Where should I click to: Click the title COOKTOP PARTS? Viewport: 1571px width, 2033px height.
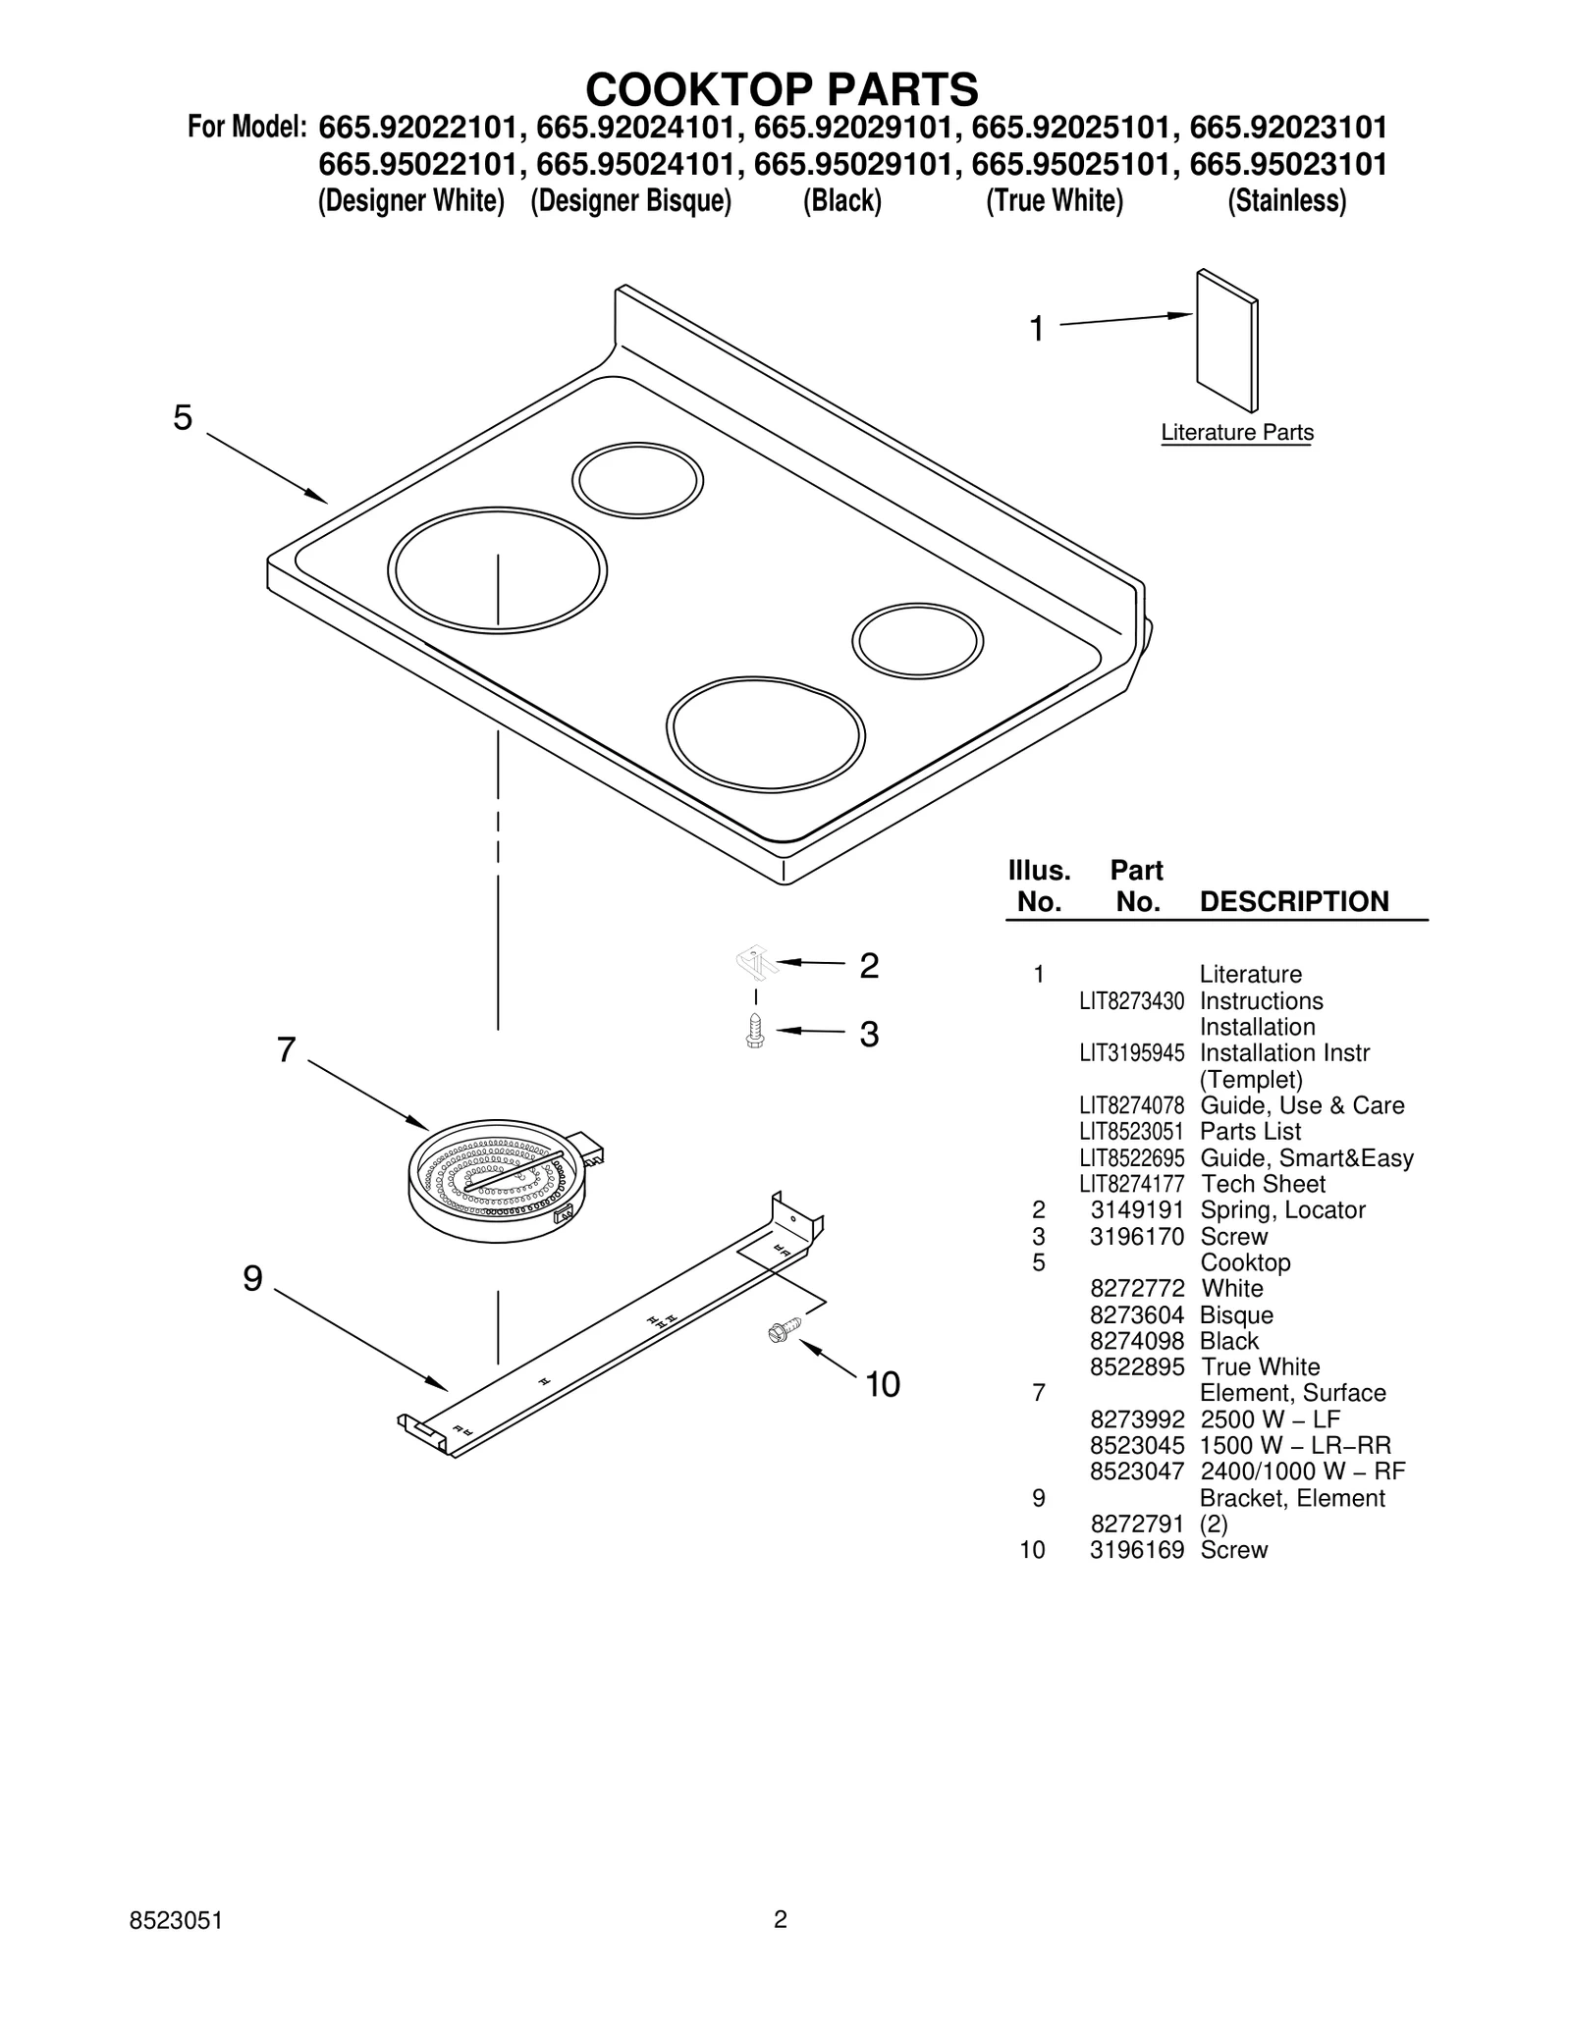[x=782, y=89]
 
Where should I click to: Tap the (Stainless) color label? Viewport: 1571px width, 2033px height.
[x=1286, y=201]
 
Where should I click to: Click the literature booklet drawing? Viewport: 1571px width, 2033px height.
[x=1226, y=341]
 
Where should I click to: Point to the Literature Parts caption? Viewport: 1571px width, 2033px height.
[x=1236, y=433]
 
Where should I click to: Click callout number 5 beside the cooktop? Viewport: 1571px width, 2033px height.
[x=184, y=418]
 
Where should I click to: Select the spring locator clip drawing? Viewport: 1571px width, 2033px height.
[x=757, y=962]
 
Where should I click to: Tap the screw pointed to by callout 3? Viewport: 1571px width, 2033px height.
[x=755, y=1031]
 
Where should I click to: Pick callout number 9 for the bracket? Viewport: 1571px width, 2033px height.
[x=253, y=1278]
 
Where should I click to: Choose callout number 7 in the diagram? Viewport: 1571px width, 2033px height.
[x=286, y=1050]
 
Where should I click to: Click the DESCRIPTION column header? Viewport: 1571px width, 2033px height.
[x=1294, y=902]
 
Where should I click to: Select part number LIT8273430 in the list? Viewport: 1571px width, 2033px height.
[x=1131, y=1001]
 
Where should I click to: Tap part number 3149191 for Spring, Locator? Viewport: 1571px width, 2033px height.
[x=1136, y=1210]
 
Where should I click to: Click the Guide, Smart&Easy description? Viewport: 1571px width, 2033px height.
[x=1306, y=1158]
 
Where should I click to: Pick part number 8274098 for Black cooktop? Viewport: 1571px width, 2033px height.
[x=1136, y=1341]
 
